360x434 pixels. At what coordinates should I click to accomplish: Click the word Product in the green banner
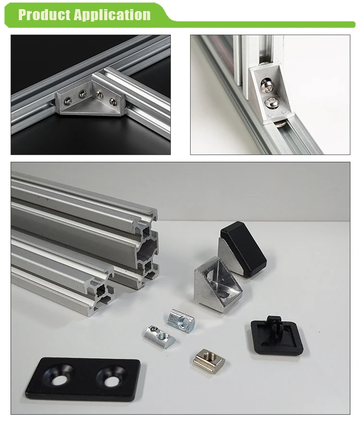pyautogui.click(x=44, y=14)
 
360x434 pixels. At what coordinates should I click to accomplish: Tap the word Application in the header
pyautogui.click(x=113, y=15)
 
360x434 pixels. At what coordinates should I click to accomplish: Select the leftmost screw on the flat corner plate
pyautogui.click(x=67, y=100)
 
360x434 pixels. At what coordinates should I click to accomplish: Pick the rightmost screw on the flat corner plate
pyautogui.click(x=112, y=101)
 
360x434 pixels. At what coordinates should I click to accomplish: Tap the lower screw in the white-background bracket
pyautogui.click(x=270, y=103)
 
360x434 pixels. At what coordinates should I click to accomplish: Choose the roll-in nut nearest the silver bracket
pyautogui.click(x=181, y=320)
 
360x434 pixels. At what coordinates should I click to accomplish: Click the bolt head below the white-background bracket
pyautogui.click(x=281, y=122)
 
